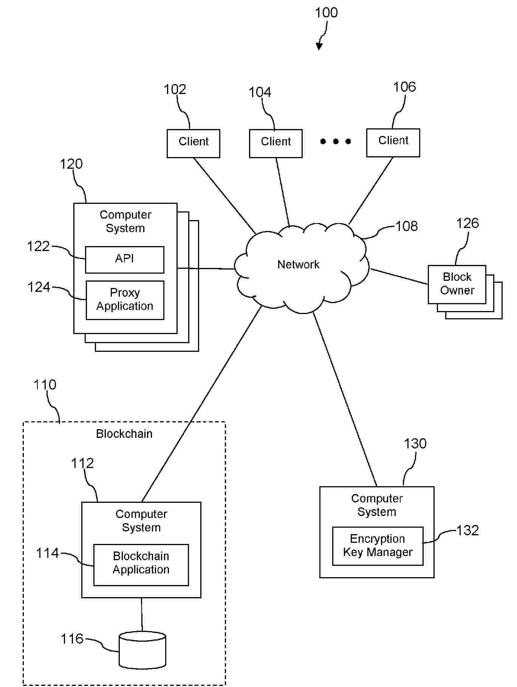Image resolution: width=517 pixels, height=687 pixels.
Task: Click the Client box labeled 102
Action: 193,143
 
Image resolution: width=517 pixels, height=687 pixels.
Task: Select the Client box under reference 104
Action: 276,143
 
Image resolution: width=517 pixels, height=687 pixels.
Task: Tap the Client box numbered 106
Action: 393,142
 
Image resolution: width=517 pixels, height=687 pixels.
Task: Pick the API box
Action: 125,260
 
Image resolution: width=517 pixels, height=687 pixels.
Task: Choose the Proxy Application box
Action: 125,300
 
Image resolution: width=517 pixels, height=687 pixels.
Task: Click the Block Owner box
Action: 457,284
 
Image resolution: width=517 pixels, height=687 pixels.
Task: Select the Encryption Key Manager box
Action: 378,546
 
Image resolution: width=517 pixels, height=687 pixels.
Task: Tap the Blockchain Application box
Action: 141,565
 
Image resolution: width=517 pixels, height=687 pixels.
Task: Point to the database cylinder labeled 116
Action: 142,650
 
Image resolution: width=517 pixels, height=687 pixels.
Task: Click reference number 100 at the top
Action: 327,13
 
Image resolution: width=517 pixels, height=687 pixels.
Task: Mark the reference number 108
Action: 407,226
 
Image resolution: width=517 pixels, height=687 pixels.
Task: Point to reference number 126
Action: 467,223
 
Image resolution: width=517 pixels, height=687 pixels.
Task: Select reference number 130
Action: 415,444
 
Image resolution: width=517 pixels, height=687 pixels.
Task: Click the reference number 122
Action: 38,246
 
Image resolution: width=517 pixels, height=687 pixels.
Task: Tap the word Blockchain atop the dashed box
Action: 124,434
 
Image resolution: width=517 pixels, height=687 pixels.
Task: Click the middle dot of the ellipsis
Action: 336,142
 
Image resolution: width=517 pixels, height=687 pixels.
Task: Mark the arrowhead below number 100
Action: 319,46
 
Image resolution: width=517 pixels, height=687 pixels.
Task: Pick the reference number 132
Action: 467,530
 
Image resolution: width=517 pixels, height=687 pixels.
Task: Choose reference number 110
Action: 45,385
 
